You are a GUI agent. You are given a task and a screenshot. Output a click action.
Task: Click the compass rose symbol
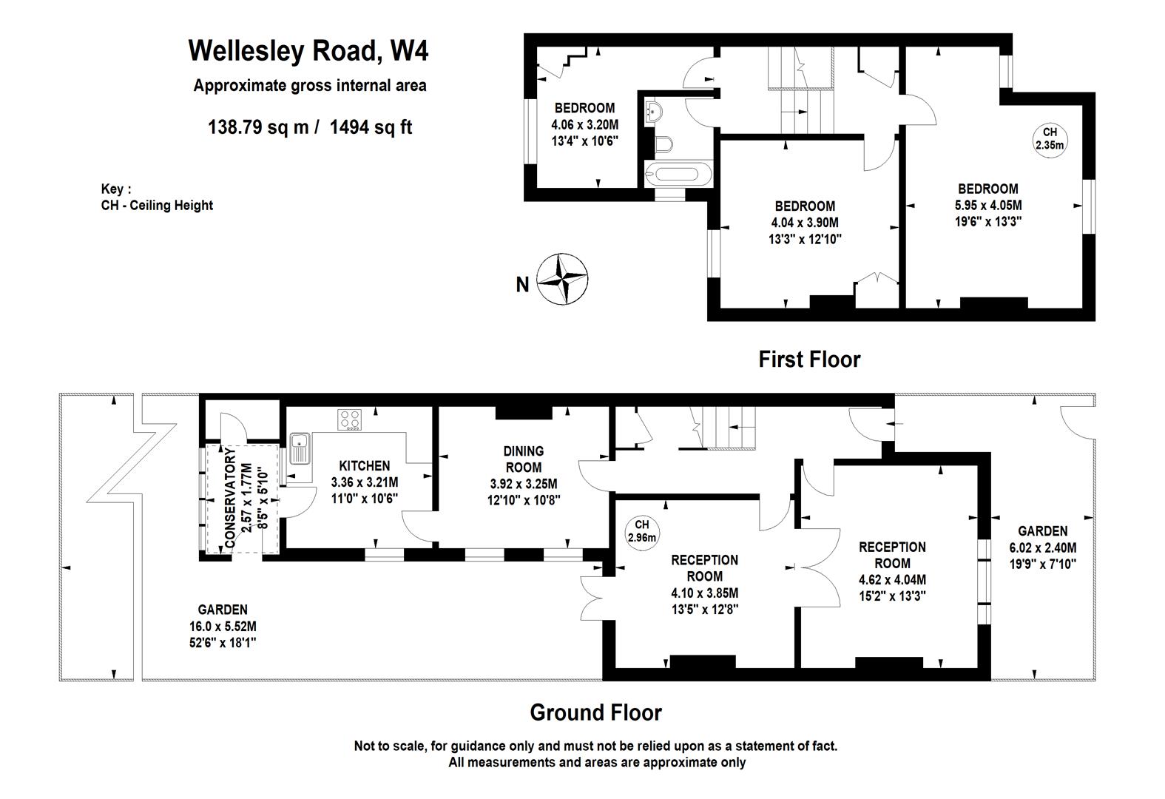(561, 279)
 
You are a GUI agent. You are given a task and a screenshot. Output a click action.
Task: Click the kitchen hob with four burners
(349, 419)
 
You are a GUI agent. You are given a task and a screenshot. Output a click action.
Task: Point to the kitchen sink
(300, 449)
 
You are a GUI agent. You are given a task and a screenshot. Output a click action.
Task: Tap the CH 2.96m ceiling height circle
(641, 531)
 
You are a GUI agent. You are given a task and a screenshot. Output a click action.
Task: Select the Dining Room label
(523, 459)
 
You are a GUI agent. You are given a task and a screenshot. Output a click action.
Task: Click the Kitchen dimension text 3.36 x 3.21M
(365, 482)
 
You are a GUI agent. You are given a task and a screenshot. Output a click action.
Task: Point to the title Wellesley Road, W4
(308, 51)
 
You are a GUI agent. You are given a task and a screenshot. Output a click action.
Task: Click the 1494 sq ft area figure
(371, 127)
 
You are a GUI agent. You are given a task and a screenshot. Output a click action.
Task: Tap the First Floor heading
(809, 360)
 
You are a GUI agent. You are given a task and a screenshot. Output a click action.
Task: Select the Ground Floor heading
(595, 712)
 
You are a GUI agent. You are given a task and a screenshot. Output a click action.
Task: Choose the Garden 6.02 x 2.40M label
(1043, 547)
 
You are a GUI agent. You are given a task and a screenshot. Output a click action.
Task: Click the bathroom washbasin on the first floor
(655, 111)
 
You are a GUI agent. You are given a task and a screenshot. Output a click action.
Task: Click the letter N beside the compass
(522, 284)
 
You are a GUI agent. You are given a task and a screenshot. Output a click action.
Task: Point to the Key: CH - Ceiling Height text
(157, 198)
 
